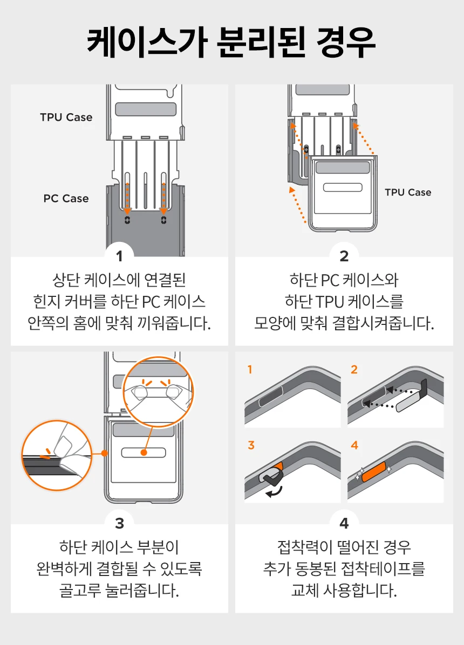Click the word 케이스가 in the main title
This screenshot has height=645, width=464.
[x=145, y=43]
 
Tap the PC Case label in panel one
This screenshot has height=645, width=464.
[x=66, y=198]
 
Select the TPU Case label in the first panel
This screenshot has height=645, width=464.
[x=66, y=117]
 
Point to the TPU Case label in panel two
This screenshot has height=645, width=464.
[x=408, y=192]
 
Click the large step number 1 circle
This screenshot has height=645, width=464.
[x=119, y=255]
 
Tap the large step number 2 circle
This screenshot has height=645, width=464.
[x=344, y=255]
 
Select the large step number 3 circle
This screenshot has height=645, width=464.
[x=119, y=523]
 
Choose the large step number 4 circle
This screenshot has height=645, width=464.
[x=344, y=523]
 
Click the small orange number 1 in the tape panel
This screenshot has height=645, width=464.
[x=250, y=370]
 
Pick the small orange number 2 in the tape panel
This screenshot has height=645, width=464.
[x=354, y=370]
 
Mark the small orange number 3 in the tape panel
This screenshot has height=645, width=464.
[x=250, y=445]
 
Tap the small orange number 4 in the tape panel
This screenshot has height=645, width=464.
[x=354, y=445]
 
